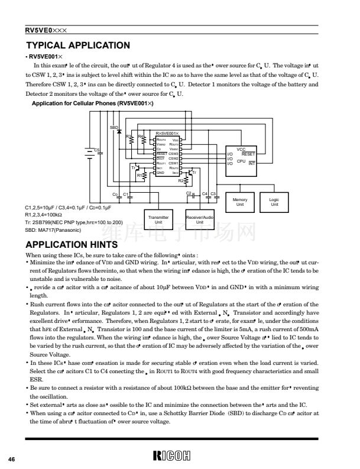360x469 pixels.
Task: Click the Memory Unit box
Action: [240, 202]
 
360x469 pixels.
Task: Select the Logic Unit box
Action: [274, 202]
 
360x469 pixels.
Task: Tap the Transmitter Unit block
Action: [158, 219]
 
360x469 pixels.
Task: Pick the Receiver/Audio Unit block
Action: [199, 219]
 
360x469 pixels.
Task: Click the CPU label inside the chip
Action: [241, 161]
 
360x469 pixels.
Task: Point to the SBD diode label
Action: [113, 128]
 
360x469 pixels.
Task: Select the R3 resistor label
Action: [128, 137]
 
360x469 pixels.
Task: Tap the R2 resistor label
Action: [181, 180]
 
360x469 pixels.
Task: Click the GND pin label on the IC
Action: [160, 172]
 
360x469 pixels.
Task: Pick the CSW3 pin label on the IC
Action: [173, 154]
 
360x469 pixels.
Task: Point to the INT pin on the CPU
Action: [251, 163]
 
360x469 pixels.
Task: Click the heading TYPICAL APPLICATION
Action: [79, 45]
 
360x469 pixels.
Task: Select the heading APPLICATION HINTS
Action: [72, 244]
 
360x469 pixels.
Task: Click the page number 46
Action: [11, 459]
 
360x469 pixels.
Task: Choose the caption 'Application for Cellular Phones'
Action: [92, 103]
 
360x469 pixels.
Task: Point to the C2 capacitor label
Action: [189, 193]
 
